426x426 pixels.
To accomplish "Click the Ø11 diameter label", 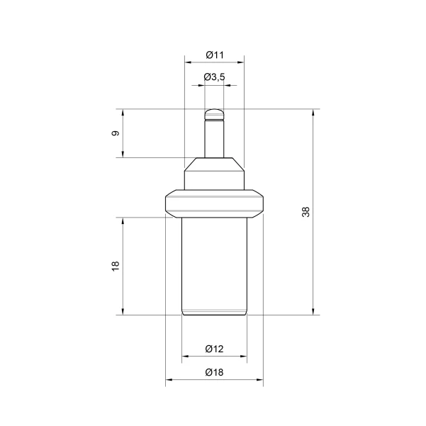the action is [215, 55].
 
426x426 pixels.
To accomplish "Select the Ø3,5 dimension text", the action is [214, 77].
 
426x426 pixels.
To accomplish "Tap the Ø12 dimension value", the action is [214, 349].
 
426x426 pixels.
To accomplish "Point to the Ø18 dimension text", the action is [214, 372].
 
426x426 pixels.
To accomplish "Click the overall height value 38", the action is [306, 212].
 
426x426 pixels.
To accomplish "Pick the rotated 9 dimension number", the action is [116, 133].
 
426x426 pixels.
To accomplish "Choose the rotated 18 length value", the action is [116, 266].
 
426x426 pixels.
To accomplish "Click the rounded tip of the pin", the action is [214, 114].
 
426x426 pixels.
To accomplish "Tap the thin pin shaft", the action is [214, 139].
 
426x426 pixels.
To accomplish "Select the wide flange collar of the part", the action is [214, 203].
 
